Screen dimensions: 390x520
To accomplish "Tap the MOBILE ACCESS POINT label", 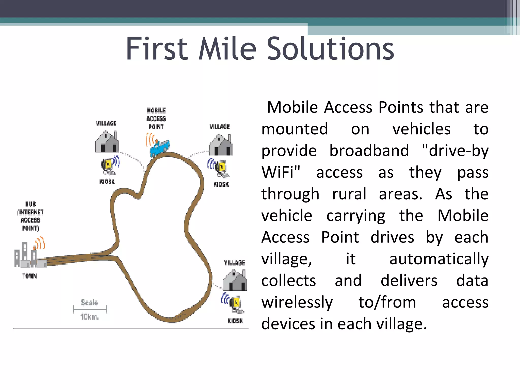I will [156, 118].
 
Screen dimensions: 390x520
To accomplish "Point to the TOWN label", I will [29, 276].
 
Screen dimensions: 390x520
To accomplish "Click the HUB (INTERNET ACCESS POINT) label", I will [30, 216].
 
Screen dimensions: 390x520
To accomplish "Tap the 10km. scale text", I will [89, 317].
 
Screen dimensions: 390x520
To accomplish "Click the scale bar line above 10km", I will [90, 309].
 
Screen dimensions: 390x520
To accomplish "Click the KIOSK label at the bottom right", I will [235, 321].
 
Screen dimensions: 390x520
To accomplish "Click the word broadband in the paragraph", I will [369, 151].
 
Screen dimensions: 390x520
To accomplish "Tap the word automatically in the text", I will [439, 259].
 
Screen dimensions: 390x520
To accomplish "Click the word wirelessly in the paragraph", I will [297, 302].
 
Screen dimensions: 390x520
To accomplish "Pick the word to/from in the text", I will [387, 302].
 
